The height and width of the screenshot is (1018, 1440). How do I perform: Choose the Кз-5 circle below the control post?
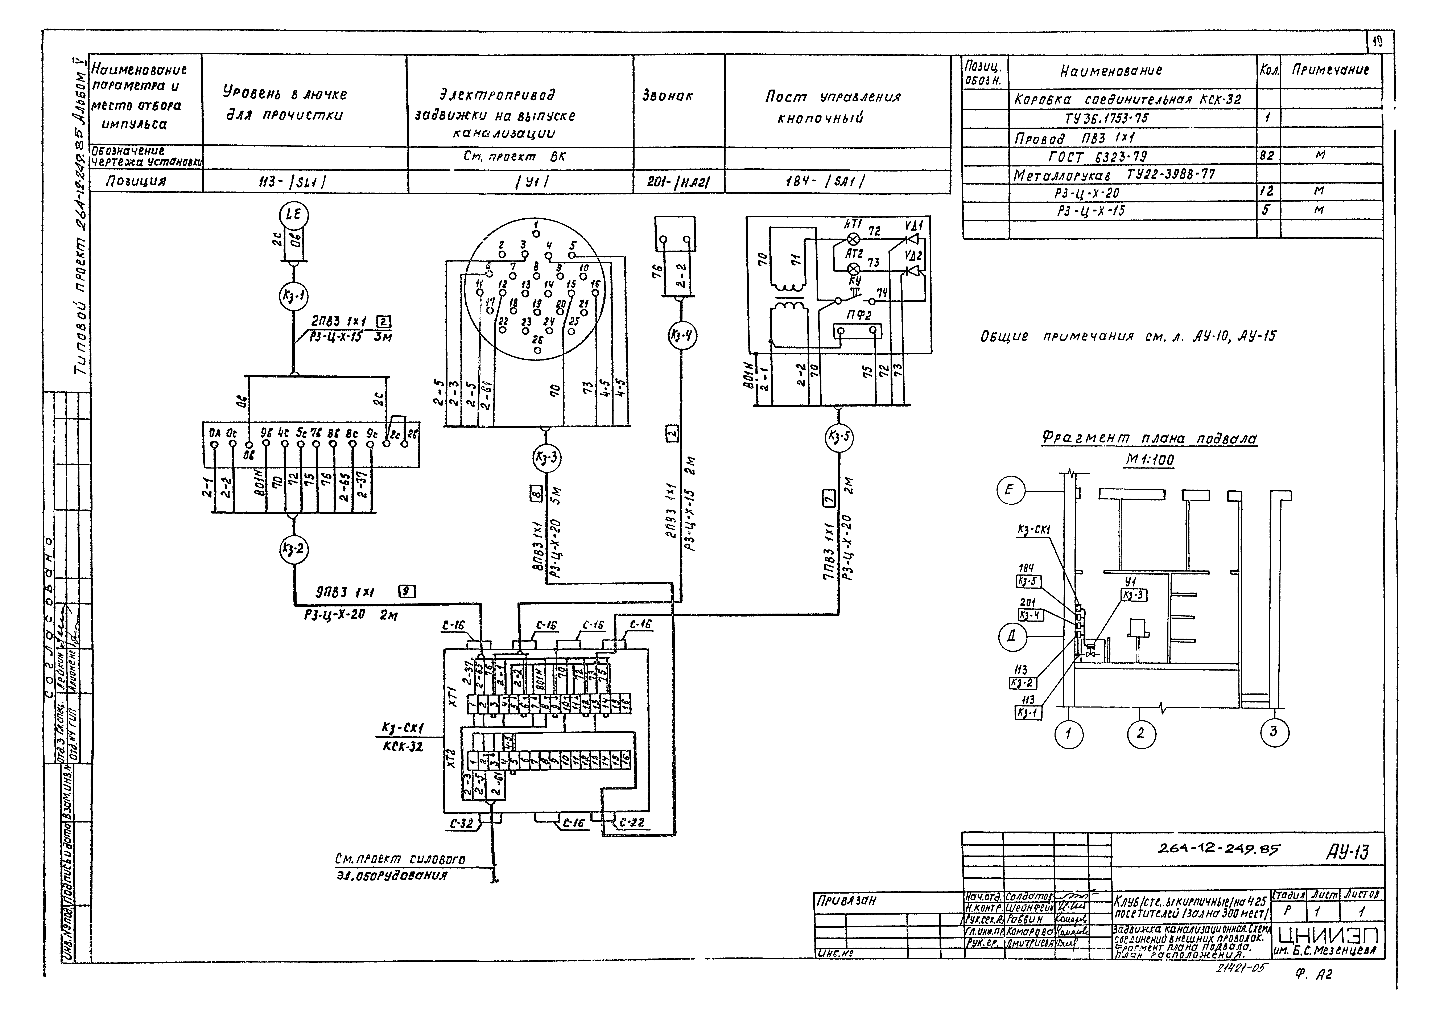[x=838, y=437]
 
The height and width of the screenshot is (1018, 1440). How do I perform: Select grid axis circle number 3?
[x=1273, y=732]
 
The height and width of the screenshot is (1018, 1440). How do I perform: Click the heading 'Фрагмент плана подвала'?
[x=1149, y=438]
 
